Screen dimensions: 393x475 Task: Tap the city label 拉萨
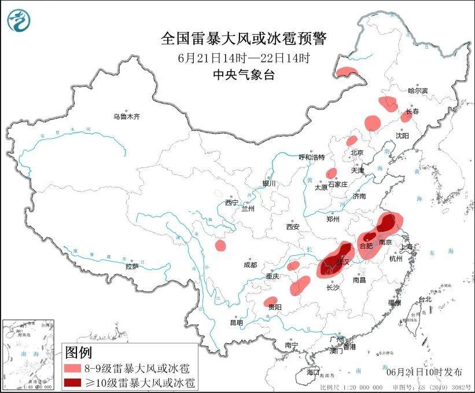pos(132,266)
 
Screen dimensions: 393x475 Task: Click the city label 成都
pos(250,265)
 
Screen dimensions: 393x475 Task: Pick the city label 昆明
pos(237,322)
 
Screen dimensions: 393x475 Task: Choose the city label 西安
pos(292,227)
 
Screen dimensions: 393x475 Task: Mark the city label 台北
pos(425,299)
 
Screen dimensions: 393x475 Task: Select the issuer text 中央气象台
pos(243,74)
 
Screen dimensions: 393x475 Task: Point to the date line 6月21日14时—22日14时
pos(244,57)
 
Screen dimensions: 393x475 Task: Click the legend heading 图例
pos(78,352)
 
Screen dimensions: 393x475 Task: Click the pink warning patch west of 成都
pos(220,245)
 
